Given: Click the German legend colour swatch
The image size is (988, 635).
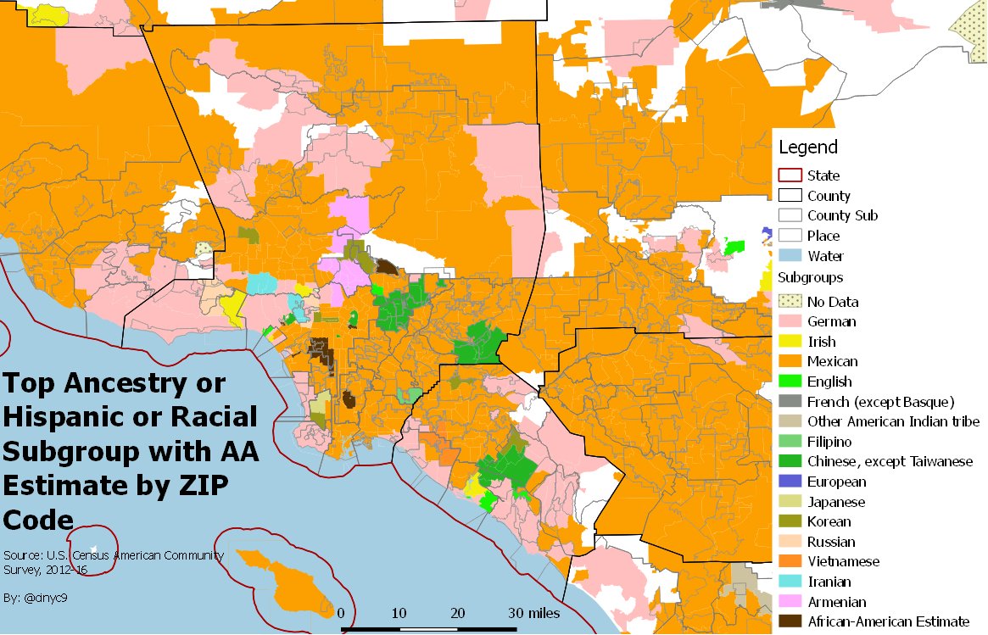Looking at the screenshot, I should coord(790,321).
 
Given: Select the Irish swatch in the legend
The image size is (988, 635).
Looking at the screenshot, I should coord(790,342).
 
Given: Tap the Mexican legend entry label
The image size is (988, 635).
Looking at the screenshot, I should coord(832,362).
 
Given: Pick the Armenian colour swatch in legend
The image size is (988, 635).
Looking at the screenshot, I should coord(790,602).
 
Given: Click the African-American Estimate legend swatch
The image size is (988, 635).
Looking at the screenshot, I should coord(790,621).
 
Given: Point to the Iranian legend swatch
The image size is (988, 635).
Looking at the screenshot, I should coord(790,582).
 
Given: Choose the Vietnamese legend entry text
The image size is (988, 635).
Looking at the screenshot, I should coord(843,561).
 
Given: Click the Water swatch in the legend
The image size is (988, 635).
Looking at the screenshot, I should coord(790,256).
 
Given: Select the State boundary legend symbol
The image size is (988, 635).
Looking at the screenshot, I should coord(790,175).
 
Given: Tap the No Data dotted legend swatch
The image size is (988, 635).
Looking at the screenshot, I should coord(790,302).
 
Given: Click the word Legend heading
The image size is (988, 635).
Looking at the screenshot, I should coord(808,147).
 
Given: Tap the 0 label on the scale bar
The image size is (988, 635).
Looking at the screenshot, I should coord(341,613).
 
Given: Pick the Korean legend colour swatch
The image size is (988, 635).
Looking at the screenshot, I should coord(790,521).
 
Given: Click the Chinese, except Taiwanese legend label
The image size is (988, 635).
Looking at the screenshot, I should coord(890,462).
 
